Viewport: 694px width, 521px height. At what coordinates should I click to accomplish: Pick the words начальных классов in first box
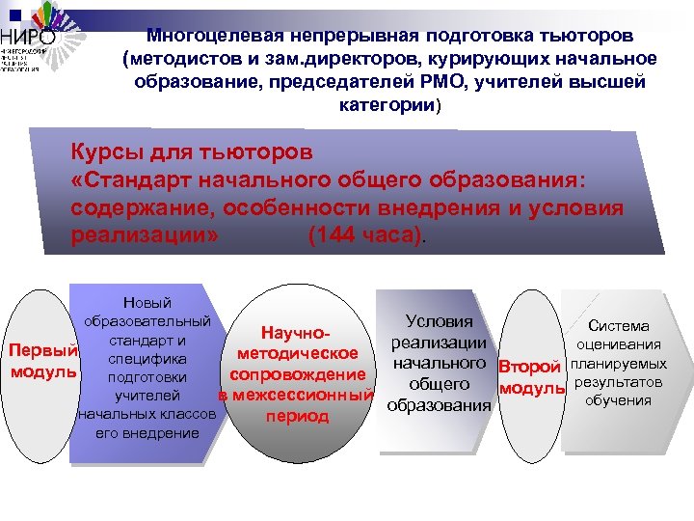148,414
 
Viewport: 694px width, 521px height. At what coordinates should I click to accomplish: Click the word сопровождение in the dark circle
296,374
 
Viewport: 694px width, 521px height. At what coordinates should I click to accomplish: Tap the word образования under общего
439,405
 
